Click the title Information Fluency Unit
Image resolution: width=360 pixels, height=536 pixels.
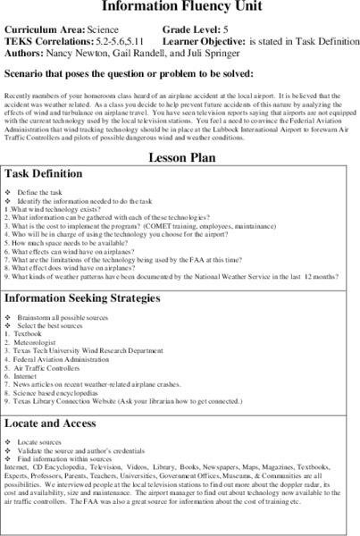coord(180,5)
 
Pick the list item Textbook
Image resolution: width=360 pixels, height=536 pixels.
coord(31,333)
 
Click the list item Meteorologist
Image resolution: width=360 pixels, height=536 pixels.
coord(38,341)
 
